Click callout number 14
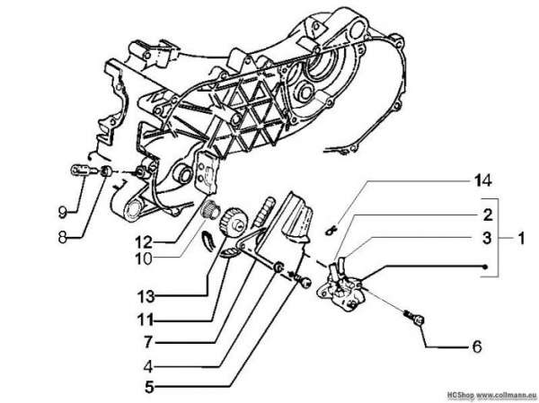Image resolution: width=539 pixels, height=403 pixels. coord(483,180)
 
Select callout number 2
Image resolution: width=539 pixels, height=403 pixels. coord(488,215)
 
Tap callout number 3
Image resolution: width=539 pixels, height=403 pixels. coord(487,238)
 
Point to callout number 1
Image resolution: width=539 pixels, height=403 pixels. coord(521,238)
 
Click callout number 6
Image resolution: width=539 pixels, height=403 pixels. coord(476,346)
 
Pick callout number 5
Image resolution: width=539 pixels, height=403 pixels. coord(149,387)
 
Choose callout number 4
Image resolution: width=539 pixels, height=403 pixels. coord(148,367)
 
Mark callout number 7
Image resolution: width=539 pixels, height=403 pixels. coord(148,342)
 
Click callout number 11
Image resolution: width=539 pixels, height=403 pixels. coord(145,320)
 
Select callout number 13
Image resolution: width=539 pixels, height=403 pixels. coord(146,296)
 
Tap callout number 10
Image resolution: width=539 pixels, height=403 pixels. coord(144,259)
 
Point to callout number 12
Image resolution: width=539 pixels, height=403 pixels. coord(144,242)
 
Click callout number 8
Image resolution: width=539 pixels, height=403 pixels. coord(62,237)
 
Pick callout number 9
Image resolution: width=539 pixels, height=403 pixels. coord(62,212)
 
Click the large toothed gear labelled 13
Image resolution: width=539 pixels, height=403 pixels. coord(232,222)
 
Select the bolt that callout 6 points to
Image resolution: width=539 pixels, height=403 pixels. coord(415,318)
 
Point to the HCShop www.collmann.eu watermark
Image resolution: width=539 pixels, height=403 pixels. coord(492,394)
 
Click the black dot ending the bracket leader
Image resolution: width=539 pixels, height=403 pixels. coord(485,267)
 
